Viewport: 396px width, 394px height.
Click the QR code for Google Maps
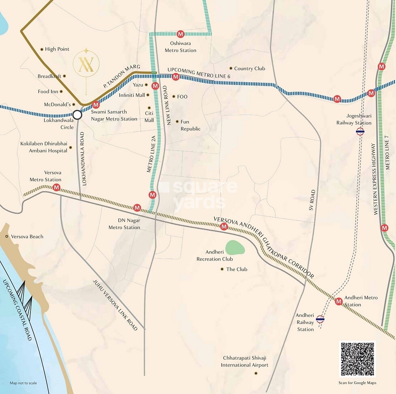click(x=357, y=360)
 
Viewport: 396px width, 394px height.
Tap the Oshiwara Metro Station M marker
click(x=180, y=34)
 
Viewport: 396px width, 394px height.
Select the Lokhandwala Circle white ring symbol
click(x=77, y=115)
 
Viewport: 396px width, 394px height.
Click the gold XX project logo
click(x=86, y=64)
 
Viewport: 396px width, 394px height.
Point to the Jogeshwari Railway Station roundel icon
click(x=360, y=131)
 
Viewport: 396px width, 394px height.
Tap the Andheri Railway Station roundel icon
click(x=320, y=319)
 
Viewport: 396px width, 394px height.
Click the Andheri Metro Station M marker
click(x=339, y=301)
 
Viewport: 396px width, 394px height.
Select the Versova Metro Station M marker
click(x=56, y=187)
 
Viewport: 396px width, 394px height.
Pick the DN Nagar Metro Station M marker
click(x=137, y=208)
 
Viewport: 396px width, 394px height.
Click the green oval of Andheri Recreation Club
click(x=235, y=247)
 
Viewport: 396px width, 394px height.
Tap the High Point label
click(x=57, y=49)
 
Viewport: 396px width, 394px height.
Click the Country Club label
click(x=249, y=69)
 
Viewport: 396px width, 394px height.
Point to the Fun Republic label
click(x=191, y=125)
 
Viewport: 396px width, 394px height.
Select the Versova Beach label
click(x=27, y=236)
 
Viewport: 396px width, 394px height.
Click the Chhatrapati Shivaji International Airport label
click(x=244, y=362)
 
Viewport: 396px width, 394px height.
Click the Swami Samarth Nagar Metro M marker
click(x=96, y=105)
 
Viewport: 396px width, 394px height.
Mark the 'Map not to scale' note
click(x=23, y=383)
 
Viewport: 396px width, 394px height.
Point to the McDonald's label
click(x=57, y=104)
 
